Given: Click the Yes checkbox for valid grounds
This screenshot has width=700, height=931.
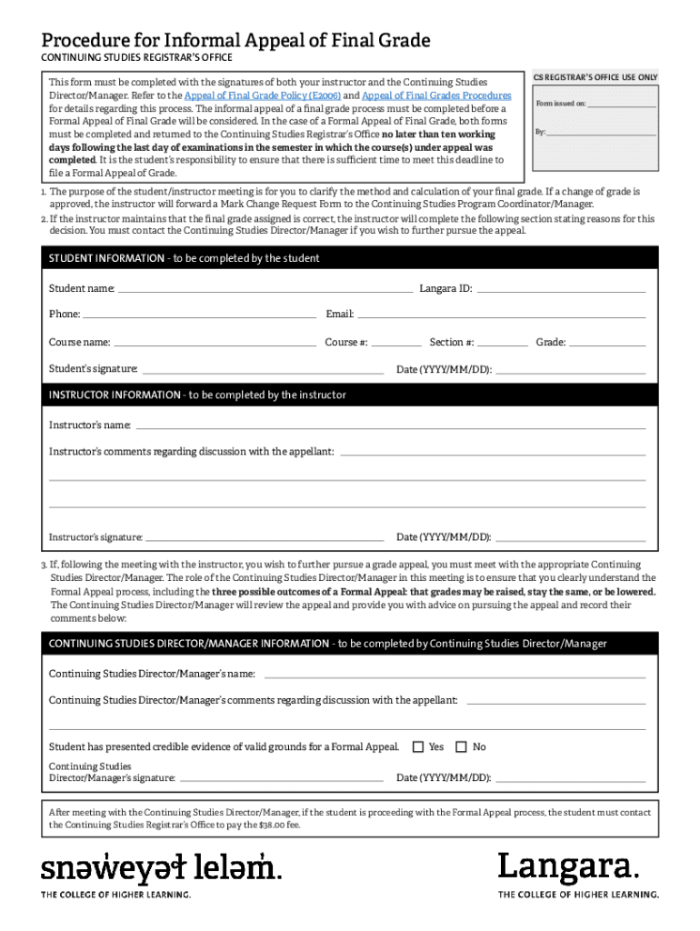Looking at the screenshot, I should click(x=418, y=746).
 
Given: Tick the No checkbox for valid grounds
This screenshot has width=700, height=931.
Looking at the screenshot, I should click(x=461, y=746).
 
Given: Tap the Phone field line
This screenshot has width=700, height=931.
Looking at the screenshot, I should click(x=198, y=316).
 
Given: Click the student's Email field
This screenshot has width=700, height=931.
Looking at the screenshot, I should click(x=501, y=316).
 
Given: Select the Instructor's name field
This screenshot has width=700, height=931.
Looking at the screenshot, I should click(x=391, y=426).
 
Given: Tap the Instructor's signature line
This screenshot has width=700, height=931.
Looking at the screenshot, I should click(x=265, y=538).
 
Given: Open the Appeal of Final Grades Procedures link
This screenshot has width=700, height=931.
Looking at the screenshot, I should click(x=436, y=95).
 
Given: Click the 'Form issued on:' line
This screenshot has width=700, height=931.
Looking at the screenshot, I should click(x=622, y=105).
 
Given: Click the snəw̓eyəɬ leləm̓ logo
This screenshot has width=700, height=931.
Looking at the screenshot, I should click(x=161, y=868).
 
